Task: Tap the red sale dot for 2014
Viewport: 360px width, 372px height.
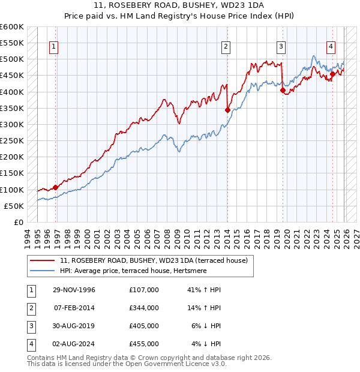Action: point(227,110)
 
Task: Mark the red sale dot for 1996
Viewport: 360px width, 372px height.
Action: point(55,187)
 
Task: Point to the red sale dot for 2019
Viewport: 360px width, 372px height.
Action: point(283,90)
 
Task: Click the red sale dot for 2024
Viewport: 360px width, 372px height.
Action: point(332,74)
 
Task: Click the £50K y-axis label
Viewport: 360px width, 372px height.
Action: point(14,206)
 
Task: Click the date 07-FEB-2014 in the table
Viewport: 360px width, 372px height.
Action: point(74,308)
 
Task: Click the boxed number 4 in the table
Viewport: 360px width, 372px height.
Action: point(30,344)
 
